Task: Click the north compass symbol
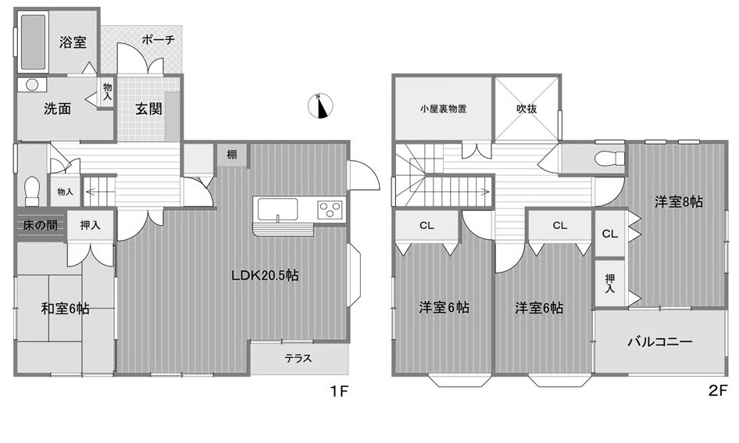(320, 106)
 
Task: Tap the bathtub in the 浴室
(33, 42)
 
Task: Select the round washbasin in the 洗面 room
(32, 85)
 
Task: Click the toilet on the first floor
(32, 191)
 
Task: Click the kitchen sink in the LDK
(278, 209)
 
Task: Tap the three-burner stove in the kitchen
(330, 209)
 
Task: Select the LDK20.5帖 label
(265, 275)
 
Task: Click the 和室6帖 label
(65, 309)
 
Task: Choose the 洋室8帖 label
(679, 202)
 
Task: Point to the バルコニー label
(660, 341)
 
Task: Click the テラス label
(298, 359)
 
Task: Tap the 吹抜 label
(527, 109)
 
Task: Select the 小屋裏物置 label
(444, 109)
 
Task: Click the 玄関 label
(149, 109)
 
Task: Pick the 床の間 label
(40, 225)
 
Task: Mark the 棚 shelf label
(232, 154)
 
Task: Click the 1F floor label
(339, 391)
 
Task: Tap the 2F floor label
(718, 391)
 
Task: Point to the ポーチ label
(159, 40)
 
